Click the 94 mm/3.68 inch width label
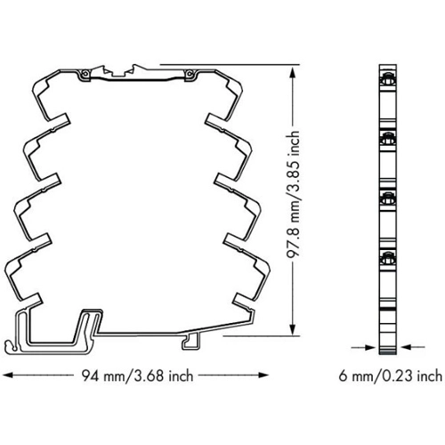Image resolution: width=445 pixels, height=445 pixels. click(137, 376)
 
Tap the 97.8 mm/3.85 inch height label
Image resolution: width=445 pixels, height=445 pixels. click(293, 194)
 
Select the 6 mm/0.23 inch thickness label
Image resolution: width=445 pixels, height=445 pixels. click(391, 376)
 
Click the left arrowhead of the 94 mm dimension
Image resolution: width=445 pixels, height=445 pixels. click(8, 375)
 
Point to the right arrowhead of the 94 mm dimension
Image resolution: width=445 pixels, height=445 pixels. click(263, 375)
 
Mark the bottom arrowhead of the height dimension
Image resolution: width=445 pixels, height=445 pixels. click(293, 330)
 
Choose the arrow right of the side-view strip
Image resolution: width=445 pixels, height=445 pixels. click(412, 346)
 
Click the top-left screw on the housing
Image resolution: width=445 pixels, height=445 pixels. click(85, 73)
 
